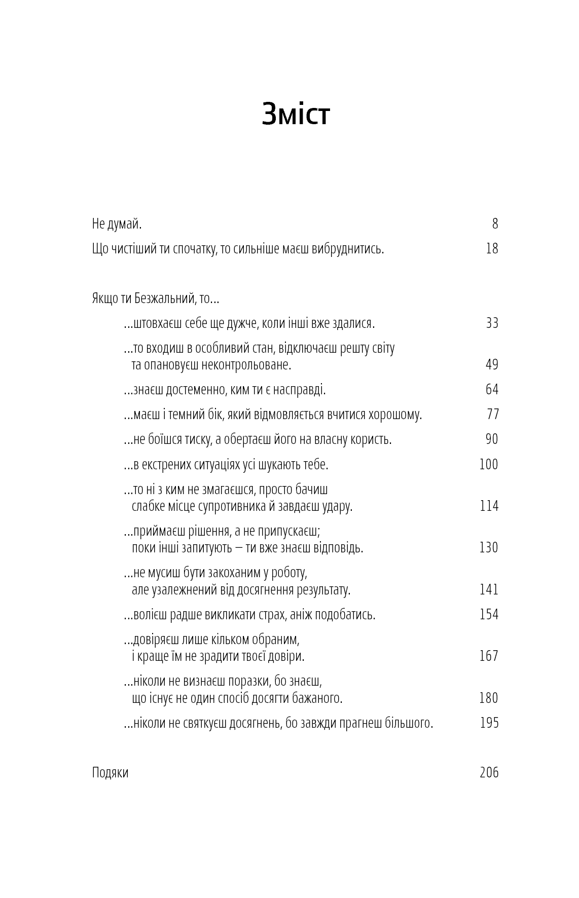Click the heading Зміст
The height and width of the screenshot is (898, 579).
point(296,114)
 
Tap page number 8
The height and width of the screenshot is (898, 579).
point(495,223)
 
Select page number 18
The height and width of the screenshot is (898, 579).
point(492,248)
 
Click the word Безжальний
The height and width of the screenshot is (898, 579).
point(164,298)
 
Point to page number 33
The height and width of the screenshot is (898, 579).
point(492,323)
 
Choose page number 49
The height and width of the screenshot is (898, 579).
point(492,364)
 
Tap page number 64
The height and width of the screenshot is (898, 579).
point(492,389)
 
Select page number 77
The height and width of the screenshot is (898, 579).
point(493,414)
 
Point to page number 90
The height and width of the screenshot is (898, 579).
point(492,439)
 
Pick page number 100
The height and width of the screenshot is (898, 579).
point(489,464)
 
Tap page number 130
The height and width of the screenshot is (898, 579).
point(489,547)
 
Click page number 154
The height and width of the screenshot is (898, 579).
point(489,614)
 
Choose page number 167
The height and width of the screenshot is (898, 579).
point(489,656)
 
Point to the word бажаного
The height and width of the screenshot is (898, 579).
point(317,698)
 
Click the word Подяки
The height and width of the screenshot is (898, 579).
point(110,773)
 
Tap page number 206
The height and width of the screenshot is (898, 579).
point(489,772)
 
